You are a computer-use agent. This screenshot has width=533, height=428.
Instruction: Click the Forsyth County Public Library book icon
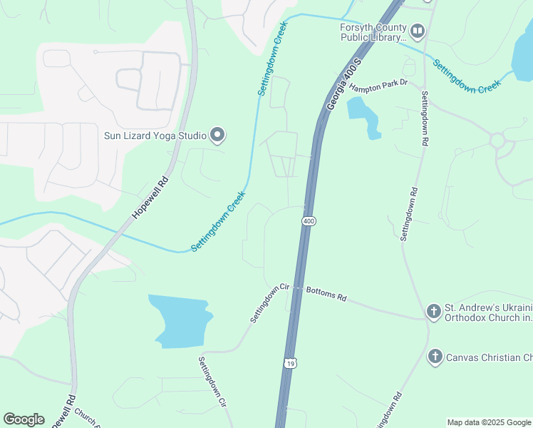coord(418,31)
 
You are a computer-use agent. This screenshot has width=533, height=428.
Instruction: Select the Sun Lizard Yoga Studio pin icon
coord(218,135)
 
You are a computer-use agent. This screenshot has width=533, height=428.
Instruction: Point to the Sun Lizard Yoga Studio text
coord(155,135)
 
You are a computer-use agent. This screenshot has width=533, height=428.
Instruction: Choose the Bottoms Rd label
coord(326,293)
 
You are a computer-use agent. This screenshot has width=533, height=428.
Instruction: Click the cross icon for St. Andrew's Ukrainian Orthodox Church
coord(433,311)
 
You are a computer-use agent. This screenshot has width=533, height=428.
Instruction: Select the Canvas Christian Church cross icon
coord(433,356)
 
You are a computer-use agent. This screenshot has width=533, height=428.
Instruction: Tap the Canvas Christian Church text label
coord(489,356)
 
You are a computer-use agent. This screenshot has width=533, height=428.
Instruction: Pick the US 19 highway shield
coord(289,363)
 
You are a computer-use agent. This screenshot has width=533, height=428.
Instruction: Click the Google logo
coord(24,419)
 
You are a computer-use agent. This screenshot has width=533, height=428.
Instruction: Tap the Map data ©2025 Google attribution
coord(488,422)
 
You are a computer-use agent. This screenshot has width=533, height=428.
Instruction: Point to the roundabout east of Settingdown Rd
coord(497,140)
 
